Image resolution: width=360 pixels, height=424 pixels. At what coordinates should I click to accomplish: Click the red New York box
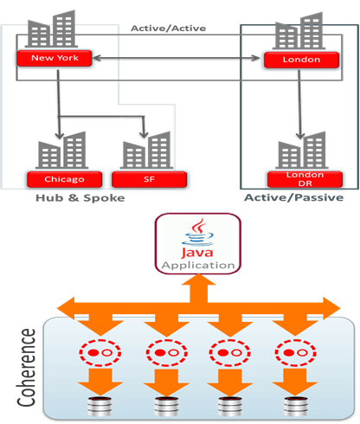55,58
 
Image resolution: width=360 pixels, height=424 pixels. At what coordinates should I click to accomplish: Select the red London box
301,60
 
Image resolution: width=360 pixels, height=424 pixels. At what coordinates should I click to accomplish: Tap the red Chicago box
64,179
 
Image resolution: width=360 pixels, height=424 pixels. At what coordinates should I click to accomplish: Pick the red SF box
149,179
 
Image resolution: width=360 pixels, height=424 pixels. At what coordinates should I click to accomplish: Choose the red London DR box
305,179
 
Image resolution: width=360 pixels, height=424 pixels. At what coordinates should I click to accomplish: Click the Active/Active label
169,29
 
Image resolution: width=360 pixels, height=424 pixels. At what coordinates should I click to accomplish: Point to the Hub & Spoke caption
80,198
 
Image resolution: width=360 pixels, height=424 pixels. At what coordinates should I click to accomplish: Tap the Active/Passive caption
294,197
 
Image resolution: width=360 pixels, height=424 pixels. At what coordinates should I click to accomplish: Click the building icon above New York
51,29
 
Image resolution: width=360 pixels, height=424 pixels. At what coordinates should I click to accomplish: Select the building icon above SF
146,150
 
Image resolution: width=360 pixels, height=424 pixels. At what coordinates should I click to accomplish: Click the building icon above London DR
302,150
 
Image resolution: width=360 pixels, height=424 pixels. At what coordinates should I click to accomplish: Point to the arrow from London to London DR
299,104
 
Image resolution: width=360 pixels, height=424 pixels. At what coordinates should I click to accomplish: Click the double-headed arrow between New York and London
177,58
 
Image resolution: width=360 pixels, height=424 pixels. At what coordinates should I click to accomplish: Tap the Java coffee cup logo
198,232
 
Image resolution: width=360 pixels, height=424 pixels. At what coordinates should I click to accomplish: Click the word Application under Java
198,266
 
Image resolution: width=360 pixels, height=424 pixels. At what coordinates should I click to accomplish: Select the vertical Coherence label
27,368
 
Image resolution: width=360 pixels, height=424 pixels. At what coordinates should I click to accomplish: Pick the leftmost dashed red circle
100,353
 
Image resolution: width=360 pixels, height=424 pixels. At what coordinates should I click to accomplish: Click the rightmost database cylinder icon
295,407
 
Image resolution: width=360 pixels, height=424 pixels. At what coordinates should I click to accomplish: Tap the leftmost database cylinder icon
100,407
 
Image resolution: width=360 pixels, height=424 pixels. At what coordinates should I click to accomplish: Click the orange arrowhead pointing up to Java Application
198,280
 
